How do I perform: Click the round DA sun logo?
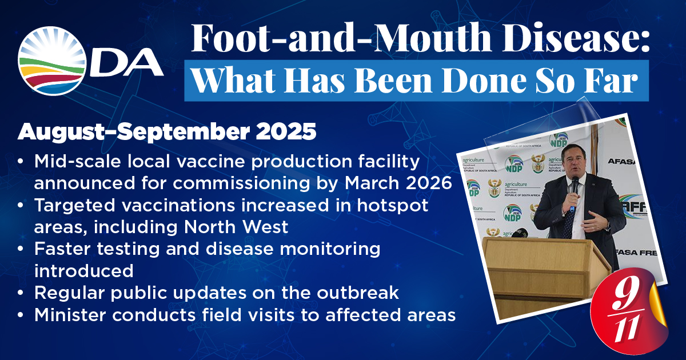click(51, 61)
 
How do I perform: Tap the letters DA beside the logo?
click(126, 63)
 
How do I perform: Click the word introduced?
click(84, 271)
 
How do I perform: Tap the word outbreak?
click(358, 293)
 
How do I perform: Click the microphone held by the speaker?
click(574, 191)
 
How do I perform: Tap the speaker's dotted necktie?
click(569, 219)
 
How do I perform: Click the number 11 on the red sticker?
click(628, 329)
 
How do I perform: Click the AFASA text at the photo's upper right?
click(623, 161)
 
